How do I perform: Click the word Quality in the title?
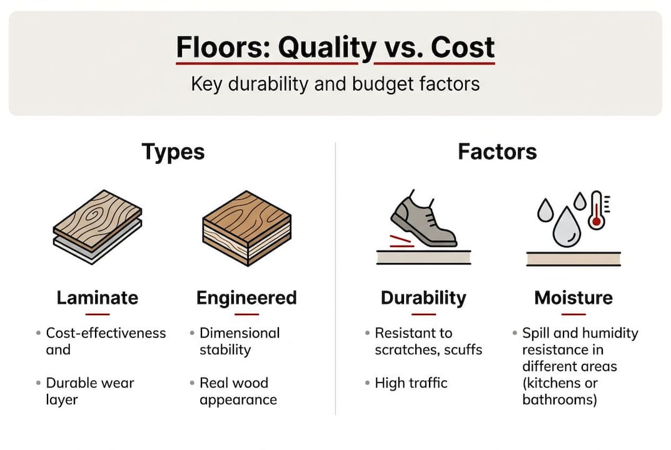pyautogui.click(x=318, y=48)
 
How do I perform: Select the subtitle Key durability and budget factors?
pyautogui.click(x=335, y=83)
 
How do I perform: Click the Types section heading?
pyautogui.click(x=173, y=151)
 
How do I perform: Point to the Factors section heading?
pyautogui.click(x=497, y=151)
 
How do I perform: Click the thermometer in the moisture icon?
pyautogui.click(x=596, y=210)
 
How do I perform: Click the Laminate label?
pyautogui.click(x=97, y=297)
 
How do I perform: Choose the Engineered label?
pyautogui.click(x=246, y=297)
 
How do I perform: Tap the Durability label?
pyautogui.click(x=423, y=297)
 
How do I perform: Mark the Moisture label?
pyautogui.click(x=573, y=297)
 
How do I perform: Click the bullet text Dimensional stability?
pyautogui.click(x=240, y=341)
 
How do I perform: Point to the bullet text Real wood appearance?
pyautogui.click(x=238, y=391)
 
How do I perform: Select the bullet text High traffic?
pyautogui.click(x=411, y=382)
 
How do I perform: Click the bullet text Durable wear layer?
pyautogui.click(x=90, y=391)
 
